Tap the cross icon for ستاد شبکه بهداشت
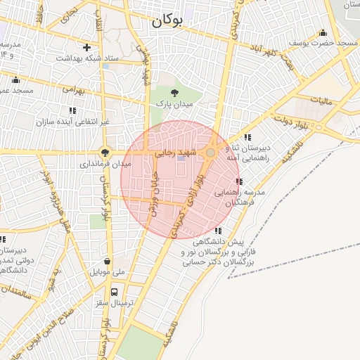(86, 48)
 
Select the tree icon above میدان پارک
(174, 92)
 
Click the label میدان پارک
(174, 104)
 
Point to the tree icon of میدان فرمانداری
(105, 152)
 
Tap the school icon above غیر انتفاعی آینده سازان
(72, 110)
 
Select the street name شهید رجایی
(173, 152)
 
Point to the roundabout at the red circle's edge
(210, 153)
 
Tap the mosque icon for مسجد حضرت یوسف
(323, 32)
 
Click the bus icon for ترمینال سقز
(114, 292)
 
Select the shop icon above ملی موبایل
(106, 259)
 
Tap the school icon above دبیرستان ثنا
(247, 137)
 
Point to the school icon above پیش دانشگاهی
(219, 231)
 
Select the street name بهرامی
(72, 90)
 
